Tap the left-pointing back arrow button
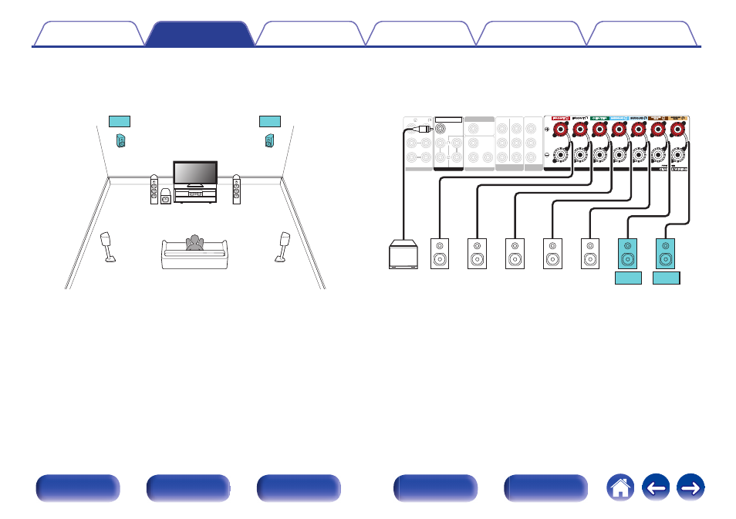click(656, 489)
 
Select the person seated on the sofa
click(194, 244)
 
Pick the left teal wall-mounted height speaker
click(120, 141)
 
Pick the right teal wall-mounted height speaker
click(269, 141)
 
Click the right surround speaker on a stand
click(283, 244)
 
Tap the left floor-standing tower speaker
click(154, 190)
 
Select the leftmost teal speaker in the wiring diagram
click(628, 254)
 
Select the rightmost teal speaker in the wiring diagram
click(666, 254)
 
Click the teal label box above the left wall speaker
click(120, 120)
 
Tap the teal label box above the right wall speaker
click(270, 120)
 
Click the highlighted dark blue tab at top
click(199, 34)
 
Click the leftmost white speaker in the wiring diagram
click(440, 254)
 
